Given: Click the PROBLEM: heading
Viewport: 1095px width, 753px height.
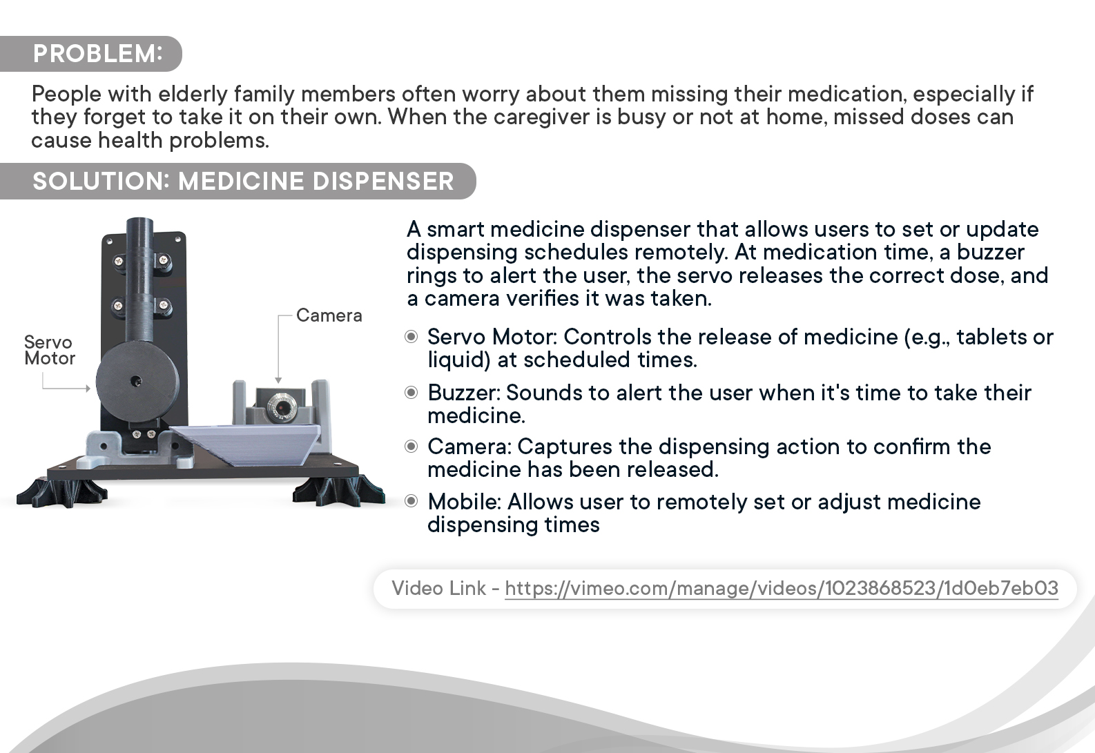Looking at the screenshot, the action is pos(98,53).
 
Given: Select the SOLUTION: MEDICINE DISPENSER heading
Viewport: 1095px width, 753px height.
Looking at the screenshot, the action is pos(244,181).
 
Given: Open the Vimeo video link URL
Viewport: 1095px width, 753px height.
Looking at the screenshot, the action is pos(781,588).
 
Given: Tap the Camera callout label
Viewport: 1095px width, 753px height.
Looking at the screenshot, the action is pos(329,315).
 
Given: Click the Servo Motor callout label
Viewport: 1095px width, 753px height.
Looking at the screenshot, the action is pos(50,350).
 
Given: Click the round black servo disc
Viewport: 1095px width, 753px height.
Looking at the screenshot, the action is pos(137,382).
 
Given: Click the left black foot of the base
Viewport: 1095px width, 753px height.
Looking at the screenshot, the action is pos(61,493).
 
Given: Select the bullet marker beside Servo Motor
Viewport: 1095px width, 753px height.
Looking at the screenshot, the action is pos(411,337).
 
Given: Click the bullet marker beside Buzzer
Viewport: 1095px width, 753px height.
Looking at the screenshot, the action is pos(411,393).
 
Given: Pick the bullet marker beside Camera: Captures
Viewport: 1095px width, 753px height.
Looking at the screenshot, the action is pos(411,446).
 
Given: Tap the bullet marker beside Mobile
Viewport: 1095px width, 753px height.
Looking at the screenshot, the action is pos(411,501).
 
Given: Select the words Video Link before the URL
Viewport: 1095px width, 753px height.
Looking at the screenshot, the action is pos(439,588).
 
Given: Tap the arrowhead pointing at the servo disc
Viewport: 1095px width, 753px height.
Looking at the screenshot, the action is pos(88,389).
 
